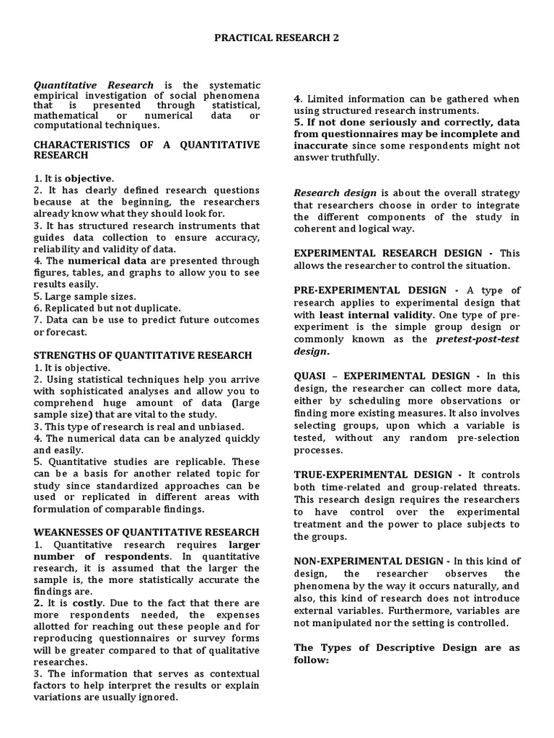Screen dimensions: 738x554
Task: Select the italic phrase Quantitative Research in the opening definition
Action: point(94,85)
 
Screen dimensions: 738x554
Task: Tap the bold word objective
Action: point(89,178)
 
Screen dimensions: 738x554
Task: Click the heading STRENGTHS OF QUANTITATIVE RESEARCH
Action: point(143,355)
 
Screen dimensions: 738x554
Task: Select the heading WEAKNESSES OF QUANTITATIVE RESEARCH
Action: point(146,532)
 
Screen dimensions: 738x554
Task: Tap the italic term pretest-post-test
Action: point(478,339)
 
